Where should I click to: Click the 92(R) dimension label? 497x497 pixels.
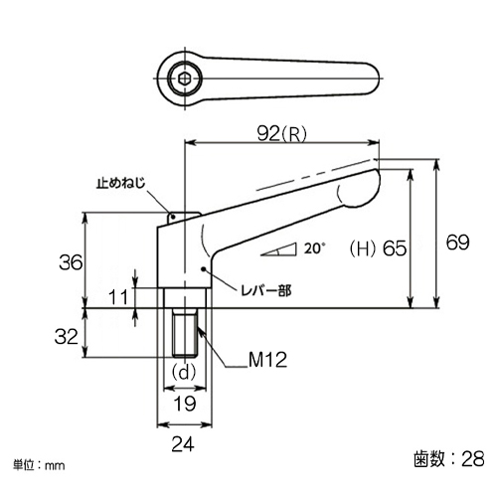click(x=282, y=134)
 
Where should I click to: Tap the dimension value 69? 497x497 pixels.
click(x=457, y=243)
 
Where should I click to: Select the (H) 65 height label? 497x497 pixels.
click(x=378, y=248)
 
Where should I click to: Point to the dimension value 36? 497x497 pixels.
click(x=71, y=262)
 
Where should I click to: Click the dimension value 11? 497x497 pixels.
click(x=118, y=297)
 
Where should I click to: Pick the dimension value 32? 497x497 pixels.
click(x=67, y=337)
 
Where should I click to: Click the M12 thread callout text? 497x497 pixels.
click(x=267, y=360)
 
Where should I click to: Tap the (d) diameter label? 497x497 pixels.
click(x=184, y=373)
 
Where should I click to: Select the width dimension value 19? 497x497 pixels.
click(x=185, y=404)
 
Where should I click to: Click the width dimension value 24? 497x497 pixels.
click(x=183, y=444)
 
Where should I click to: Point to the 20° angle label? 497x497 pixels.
click(x=315, y=248)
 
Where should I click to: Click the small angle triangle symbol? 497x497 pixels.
click(x=278, y=249)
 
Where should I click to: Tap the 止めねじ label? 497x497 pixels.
click(x=121, y=183)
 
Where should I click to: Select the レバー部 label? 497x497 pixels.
click(x=266, y=291)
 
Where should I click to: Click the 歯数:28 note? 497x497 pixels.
click(x=449, y=459)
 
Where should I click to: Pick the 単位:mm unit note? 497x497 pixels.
click(x=39, y=465)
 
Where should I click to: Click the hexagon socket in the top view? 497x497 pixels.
click(x=184, y=79)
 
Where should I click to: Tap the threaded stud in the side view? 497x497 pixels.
click(x=185, y=333)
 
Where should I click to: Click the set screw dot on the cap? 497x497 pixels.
click(x=173, y=217)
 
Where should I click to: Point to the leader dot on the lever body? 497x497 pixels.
click(x=204, y=269)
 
